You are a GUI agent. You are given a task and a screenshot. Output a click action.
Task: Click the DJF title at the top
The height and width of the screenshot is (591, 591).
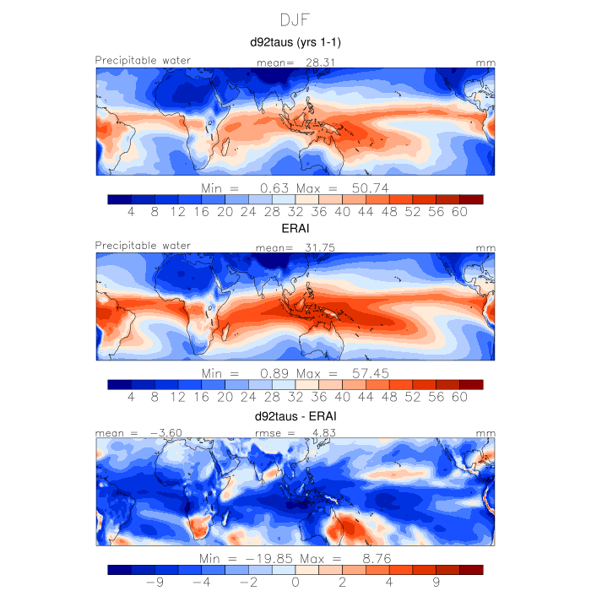point(295,19)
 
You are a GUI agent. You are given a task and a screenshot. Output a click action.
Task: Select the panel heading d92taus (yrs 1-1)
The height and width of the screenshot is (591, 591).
point(295,41)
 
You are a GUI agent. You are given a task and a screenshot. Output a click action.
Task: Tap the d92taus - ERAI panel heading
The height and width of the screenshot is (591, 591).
point(295,417)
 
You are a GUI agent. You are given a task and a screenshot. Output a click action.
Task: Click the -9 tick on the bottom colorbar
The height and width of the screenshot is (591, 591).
point(155,582)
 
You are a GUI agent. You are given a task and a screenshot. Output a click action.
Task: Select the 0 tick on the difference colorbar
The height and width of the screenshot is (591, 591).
point(295,582)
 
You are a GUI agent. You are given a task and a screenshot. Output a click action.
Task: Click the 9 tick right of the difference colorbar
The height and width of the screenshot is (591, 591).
point(436,582)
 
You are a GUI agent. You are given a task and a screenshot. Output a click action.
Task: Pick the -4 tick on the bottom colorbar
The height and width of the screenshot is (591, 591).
point(202,582)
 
